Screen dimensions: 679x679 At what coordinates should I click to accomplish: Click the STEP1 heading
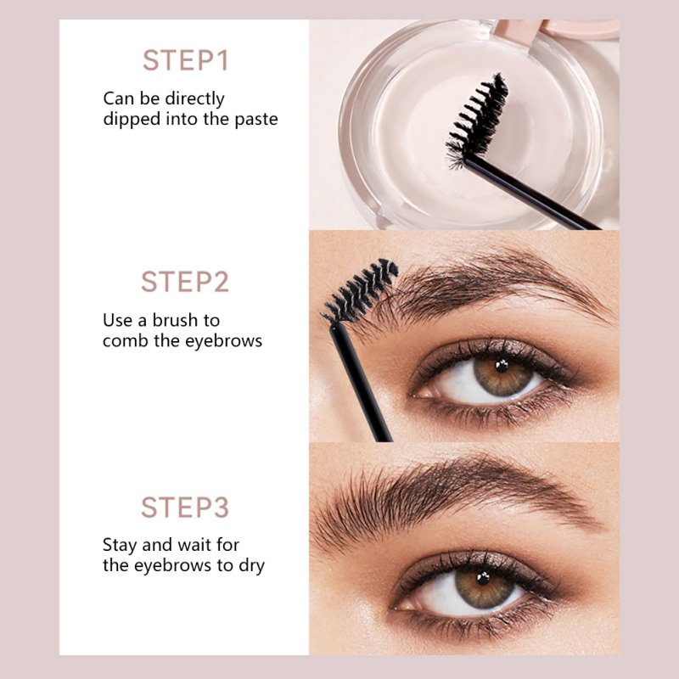(x=185, y=60)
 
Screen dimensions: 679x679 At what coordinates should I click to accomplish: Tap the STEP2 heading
(x=185, y=282)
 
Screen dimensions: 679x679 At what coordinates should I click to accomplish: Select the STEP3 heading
(x=185, y=507)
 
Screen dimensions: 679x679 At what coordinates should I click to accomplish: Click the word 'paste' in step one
(x=256, y=120)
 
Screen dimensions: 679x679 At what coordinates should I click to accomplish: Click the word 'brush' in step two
(x=176, y=321)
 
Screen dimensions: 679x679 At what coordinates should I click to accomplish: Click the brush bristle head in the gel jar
(x=477, y=120)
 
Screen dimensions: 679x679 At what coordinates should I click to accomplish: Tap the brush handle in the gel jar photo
(x=532, y=193)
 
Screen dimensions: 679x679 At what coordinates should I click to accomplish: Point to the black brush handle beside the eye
(x=361, y=384)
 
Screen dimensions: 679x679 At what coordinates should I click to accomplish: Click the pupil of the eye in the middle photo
(x=502, y=367)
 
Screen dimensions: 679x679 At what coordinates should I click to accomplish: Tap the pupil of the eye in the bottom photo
(x=483, y=578)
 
